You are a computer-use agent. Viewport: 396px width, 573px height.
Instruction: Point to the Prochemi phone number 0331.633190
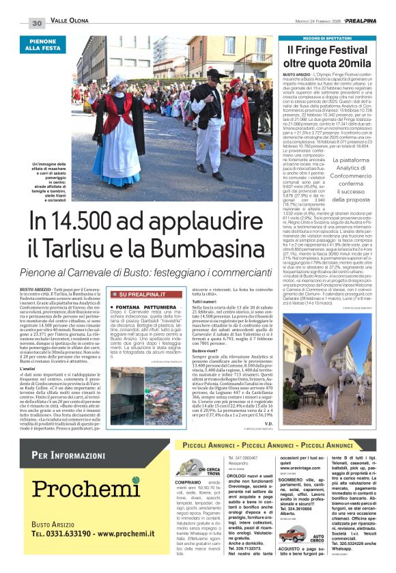(x=72, y=533)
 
